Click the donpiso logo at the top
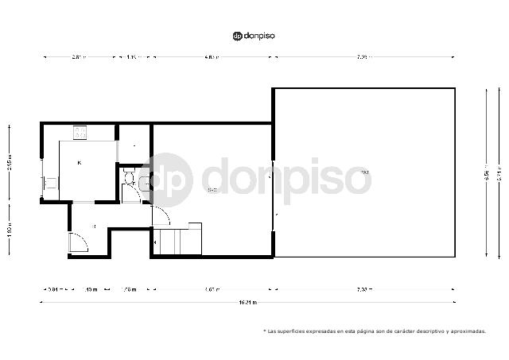(254, 36)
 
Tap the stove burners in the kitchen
(81, 133)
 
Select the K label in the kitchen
(80, 163)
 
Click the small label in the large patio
(364, 172)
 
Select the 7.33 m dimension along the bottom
(363, 288)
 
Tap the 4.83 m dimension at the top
(211, 57)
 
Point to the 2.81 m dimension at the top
(78, 57)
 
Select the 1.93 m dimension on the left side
(9, 230)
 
